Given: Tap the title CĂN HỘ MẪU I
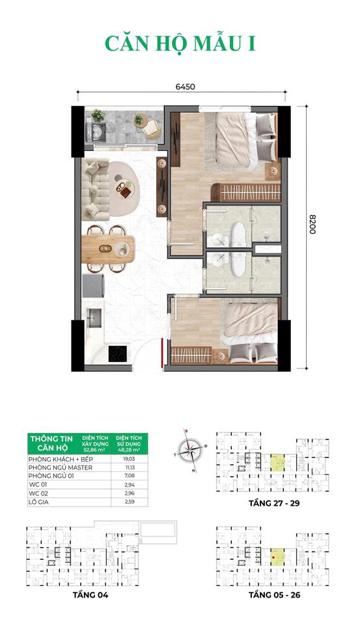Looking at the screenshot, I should [180, 42].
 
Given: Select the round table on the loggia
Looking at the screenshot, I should [139, 120].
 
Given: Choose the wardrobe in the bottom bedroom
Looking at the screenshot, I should [191, 355].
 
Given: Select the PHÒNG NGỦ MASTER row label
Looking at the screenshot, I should [61, 467].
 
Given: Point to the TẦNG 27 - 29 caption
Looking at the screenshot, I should [272, 503].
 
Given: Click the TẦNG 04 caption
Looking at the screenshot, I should [87, 594].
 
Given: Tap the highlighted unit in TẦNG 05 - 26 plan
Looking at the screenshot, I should [277, 557].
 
